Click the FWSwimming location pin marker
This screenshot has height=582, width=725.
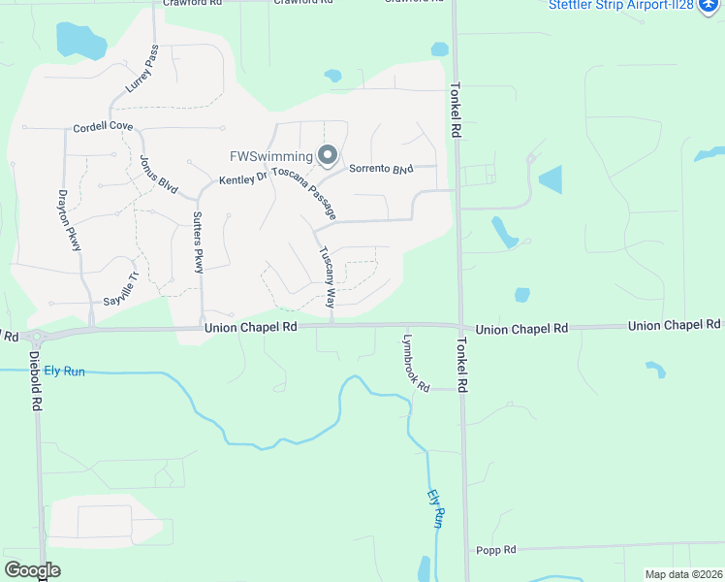coord(328,155)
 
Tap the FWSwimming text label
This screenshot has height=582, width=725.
coord(270,156)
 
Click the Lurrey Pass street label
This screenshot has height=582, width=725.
coord(142,70)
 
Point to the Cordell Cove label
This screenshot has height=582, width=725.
coord(103,127)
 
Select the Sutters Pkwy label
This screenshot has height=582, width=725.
coord(198,242)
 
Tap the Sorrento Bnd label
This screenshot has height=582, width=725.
coord(381,169)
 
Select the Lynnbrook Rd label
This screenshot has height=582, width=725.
coord(416,362)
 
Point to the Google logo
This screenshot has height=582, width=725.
coord(32,570)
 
